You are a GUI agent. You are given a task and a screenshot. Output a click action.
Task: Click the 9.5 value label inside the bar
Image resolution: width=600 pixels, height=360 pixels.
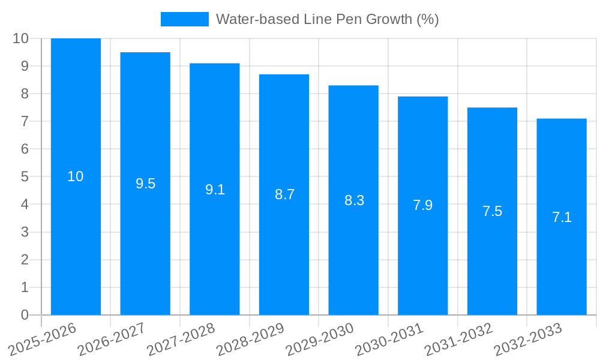coord(145,184)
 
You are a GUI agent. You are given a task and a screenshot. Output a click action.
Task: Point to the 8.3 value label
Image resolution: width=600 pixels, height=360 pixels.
coord(354,200)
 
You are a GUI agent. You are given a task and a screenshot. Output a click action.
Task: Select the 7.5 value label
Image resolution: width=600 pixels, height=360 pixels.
coord(492,211)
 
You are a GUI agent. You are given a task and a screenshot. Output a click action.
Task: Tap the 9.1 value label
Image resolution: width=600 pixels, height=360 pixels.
coord(215,190)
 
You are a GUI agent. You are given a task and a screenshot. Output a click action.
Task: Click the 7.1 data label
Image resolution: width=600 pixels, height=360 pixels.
coord(562,217)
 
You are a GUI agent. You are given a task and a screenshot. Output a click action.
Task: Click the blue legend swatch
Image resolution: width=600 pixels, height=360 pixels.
coord(184,19)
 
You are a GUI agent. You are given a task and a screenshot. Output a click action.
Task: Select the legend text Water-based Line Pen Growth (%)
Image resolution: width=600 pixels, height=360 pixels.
coord(327,19)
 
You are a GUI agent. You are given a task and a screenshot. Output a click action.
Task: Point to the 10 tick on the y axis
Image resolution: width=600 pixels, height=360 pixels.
coord(21,38)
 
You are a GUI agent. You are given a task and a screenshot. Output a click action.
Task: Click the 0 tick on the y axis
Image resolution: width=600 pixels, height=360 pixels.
coord(25,315)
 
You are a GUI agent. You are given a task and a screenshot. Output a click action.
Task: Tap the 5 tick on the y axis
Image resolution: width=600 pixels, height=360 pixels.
coord(25,177)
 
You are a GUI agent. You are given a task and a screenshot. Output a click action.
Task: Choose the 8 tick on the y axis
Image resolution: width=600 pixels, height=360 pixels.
coord(25,94)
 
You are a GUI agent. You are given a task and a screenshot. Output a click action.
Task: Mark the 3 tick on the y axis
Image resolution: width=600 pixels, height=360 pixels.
coord(25,232)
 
